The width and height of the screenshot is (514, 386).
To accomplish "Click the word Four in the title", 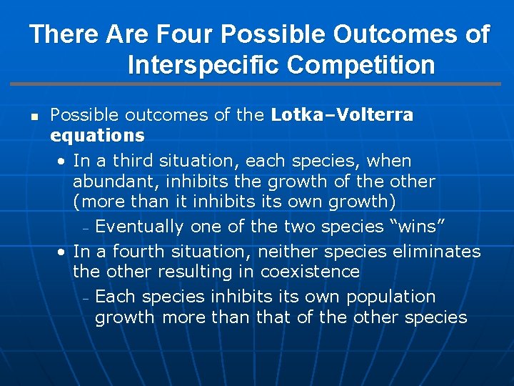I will [186, 34].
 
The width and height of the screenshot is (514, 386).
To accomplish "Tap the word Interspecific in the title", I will [203, 65].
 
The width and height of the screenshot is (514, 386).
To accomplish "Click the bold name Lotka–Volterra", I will [342, 115].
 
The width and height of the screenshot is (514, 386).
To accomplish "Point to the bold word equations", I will [97, 135].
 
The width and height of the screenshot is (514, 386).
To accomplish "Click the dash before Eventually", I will [84, 229].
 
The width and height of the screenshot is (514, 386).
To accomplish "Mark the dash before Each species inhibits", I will [84, 298].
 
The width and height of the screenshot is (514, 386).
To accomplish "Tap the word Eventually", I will [138, 227].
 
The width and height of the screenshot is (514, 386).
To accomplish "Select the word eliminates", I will [438, 252].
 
